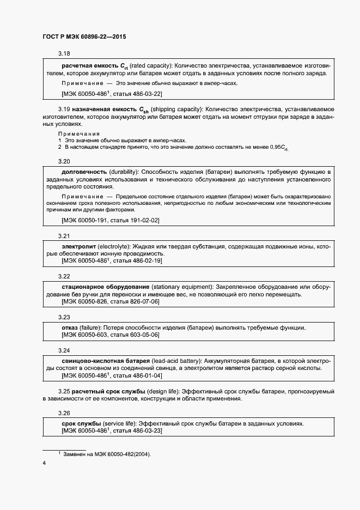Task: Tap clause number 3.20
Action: click(64, 161)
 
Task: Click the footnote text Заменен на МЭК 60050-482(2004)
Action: click(107, 454)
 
